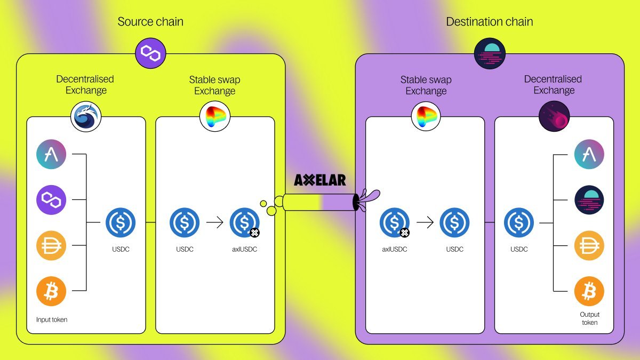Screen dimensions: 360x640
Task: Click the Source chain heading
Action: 150,22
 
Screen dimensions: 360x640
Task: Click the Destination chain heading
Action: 489,22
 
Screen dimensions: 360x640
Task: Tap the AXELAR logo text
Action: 320,180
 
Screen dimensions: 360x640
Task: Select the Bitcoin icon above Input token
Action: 51,291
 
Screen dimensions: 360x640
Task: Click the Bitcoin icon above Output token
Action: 589,291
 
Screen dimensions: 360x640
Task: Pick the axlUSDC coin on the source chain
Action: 245,223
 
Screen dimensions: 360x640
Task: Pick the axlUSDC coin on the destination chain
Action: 395,223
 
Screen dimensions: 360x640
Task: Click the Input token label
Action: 52,319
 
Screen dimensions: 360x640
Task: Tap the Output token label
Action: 589,318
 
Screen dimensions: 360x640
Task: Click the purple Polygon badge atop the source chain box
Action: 150,53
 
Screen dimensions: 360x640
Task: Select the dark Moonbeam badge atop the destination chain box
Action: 490,53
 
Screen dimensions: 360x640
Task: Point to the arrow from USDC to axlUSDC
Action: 214,222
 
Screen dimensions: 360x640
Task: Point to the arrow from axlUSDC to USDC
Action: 425,222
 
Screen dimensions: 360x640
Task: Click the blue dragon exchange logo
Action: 86,117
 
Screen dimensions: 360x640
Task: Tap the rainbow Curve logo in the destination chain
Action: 426,117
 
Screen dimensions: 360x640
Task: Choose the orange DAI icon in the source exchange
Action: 51,246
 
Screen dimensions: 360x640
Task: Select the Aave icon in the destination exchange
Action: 589,155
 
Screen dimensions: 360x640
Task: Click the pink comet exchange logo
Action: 554,116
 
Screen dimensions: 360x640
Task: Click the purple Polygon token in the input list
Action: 51,200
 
